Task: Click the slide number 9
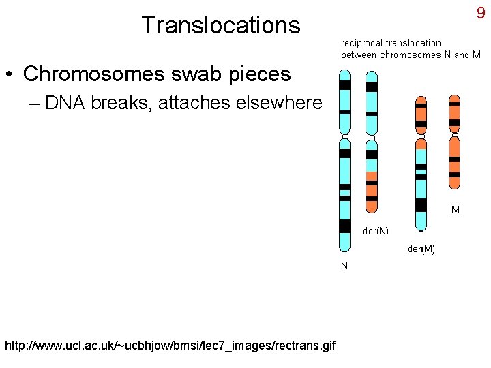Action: (480, 13)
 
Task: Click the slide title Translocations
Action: (220, 25)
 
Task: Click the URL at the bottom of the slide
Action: (170, 346)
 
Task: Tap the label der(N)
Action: (376, 231)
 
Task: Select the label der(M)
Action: (421, 249)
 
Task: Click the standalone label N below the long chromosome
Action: (344, 266)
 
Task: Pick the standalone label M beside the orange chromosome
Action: (455, 210)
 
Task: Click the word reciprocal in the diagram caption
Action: (363, 43)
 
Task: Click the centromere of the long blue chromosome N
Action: (345, 136)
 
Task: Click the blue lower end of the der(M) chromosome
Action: (421, 221)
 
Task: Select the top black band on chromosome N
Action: (345, 85)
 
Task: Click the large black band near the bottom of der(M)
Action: (421, 204)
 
